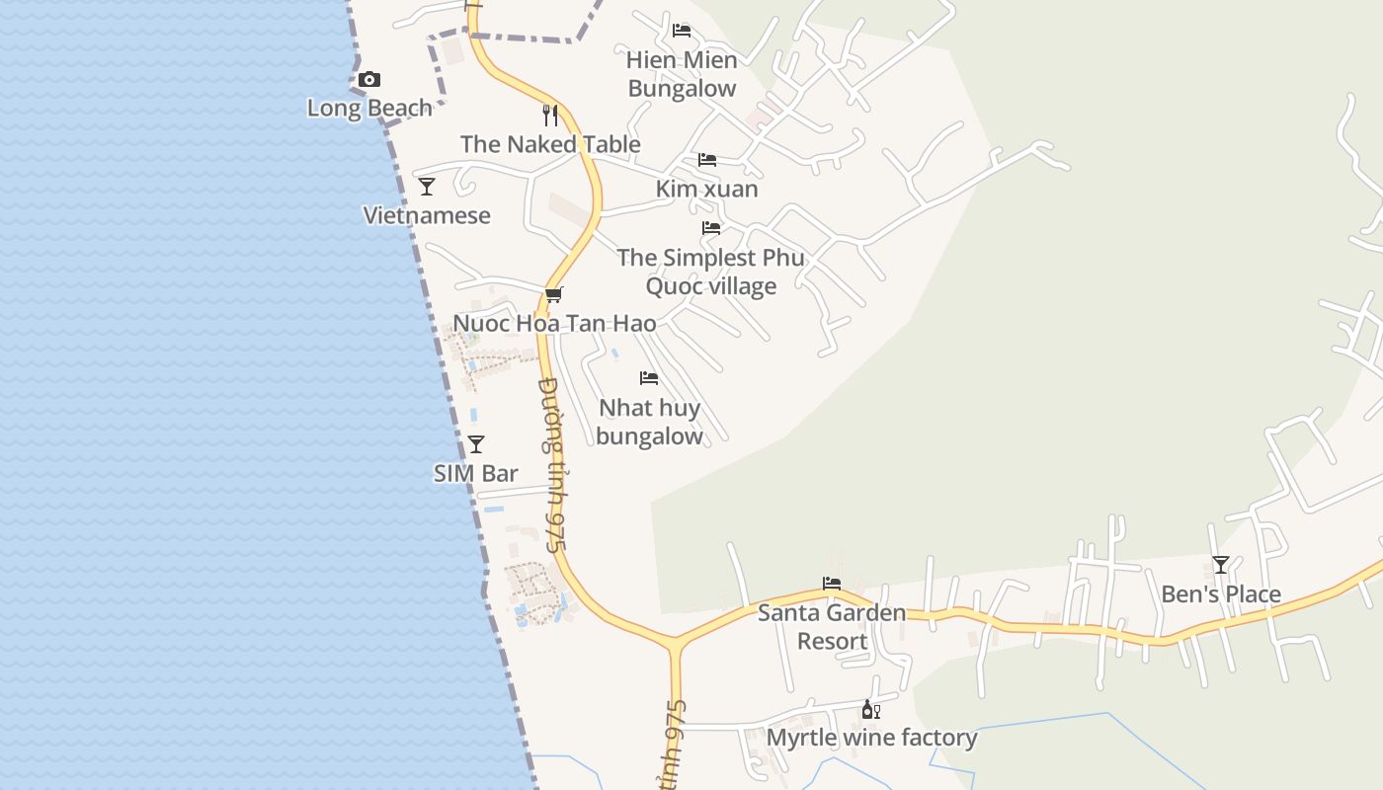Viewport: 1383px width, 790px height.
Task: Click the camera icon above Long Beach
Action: click(369, 80)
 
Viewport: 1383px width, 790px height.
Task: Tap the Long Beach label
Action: click(369, 108)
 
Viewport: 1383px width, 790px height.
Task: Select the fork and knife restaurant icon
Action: click(550, 116)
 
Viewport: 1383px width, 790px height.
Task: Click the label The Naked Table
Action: click(550, 144)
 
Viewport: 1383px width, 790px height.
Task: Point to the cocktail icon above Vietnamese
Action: click(427, 187)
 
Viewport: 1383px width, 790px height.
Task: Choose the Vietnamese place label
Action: click(427, 215)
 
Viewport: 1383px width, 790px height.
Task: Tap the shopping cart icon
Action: click(554, 294)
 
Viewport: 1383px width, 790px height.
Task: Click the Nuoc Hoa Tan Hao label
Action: click(554, 323)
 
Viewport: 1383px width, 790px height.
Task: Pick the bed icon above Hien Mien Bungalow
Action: click(682, 31)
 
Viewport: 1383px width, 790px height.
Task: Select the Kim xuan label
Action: click(707, 189)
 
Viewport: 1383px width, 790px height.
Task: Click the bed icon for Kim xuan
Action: click(707, 160)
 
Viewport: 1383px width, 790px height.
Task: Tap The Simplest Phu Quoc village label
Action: click(711, 272)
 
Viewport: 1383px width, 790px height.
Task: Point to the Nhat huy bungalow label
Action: click(649, 422)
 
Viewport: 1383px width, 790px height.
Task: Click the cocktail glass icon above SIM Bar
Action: click(476, 444)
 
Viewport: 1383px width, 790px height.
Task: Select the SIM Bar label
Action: click(476, 473)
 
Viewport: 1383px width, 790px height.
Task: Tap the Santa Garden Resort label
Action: click(832, 627)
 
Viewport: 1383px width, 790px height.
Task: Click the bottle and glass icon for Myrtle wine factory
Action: click(871, 709)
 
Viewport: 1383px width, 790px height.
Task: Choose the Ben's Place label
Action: click(1221, 594)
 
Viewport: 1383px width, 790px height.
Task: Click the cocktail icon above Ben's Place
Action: click(1221, 565)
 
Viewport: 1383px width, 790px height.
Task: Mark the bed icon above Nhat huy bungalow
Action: click(649, 378)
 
